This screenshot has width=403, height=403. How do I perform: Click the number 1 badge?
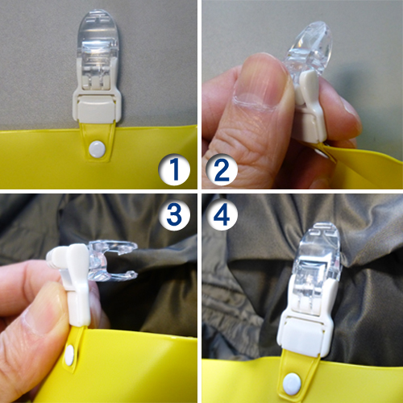pos(174,169)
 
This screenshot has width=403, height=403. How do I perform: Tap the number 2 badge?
pos(222,169)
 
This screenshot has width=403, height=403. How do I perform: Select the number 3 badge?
pos(174,214)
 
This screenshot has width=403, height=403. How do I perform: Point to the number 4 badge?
pos(222,214)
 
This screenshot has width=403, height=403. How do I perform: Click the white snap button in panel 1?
pos(97,149)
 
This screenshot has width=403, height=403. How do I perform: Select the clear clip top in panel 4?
pos(318,258)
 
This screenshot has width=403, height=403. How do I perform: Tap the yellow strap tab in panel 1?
pos(98,141)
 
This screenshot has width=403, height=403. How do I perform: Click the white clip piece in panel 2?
pos(309,107)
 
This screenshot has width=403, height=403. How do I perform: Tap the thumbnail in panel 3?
pos(40,317)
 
